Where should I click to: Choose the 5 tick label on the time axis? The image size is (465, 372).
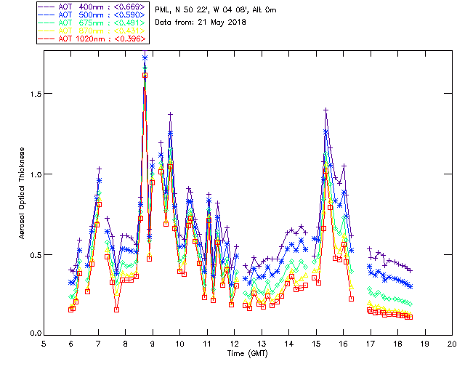tap(44, 343)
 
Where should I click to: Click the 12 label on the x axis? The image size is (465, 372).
tap(234, 343)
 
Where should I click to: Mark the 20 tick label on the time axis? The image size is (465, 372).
tap(452, 343)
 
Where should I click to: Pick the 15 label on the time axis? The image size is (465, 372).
tap(316, 343)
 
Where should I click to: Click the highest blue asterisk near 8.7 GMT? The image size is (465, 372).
tap(145, 58)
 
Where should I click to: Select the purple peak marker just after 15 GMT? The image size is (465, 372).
tap(325, 110)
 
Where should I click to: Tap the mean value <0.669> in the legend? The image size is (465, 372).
tap(128, 7)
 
